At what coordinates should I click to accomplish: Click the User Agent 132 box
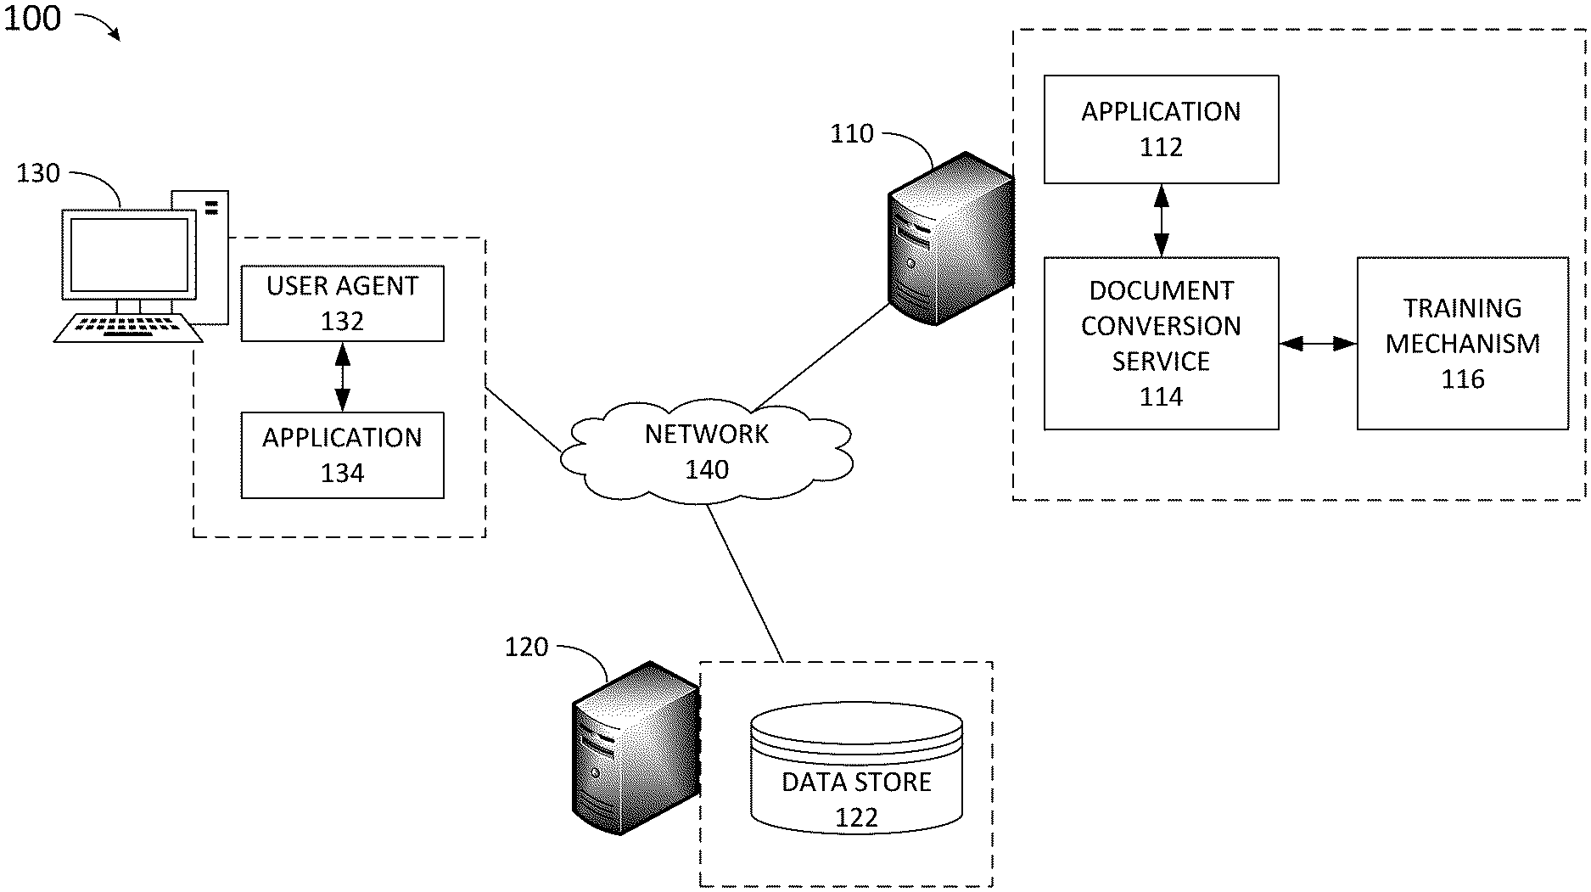342,304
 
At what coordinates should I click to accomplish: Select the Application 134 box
342,455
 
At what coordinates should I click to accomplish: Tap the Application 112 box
1161,129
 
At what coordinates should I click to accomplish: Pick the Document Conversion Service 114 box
1161,344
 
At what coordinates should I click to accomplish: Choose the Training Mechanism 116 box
1462,344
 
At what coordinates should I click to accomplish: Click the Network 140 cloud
706,452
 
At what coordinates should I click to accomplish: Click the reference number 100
32,18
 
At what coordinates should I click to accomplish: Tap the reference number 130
38,174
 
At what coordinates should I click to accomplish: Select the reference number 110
851,134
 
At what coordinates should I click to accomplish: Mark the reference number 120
526,648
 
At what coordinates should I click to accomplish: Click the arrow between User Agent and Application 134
342,377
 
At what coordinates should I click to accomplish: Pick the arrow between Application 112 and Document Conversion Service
1161,221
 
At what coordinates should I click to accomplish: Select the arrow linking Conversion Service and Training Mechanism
1318,344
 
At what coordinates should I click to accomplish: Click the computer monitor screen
129,255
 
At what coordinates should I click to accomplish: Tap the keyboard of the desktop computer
127,328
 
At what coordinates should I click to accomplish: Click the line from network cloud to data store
744,583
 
